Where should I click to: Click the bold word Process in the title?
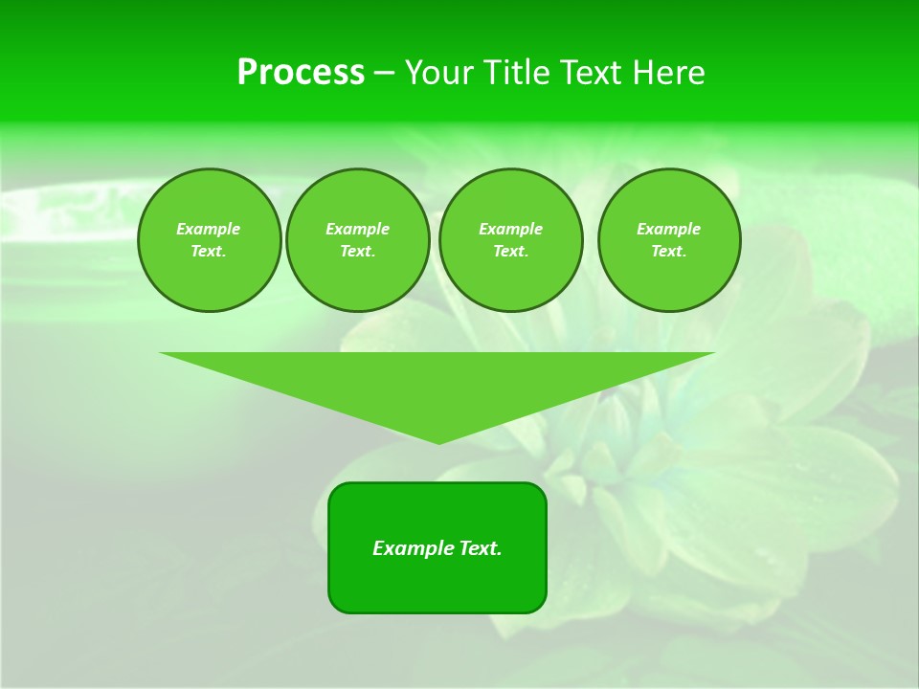(x=301, y=73)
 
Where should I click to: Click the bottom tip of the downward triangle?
(x=438, y=441)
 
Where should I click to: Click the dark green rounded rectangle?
(x=437, y=584)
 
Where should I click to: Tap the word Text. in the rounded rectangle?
(x=480, y=548)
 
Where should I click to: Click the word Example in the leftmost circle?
(x=209, y=229)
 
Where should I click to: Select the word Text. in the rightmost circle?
(x=668, y=251)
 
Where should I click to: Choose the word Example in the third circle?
(x=510, y=229)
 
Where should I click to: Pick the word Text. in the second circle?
(x=357, y=251)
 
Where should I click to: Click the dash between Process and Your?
(x=385, y=73)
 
